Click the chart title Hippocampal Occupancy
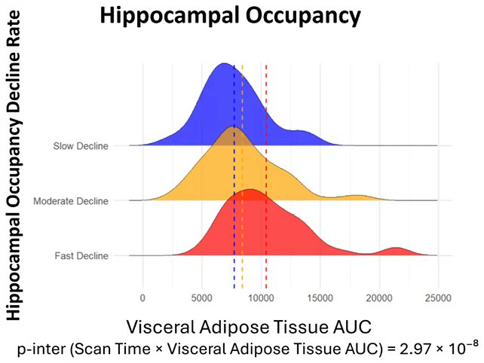(x=230, y=16)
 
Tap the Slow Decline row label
(x=81, y=146)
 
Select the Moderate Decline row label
(x=71, y=201)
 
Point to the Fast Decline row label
(x=81, y=256)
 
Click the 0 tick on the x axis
(x=142, y=298)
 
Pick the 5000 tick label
(x=201, y=298)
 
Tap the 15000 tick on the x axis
(x=320, y=298)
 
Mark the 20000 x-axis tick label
(x=379, y=298)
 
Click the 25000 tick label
(x=438, y=298)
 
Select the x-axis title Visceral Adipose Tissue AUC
(x=249, y=327)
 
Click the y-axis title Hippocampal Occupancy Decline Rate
(x=14, y=166)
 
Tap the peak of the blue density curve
(x=223, y=64)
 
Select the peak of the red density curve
(x=252, y=190)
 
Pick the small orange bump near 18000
(x=358, y=196)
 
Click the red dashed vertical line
(x=266, y=176)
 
